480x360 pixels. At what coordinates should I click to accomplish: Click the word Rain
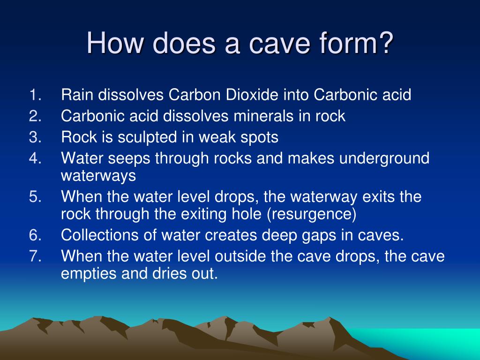pos(77,95)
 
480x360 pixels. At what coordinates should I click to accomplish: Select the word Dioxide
pos(252,95)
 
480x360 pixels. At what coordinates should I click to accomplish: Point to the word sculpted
pos(143,137)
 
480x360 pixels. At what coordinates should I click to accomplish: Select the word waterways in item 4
pos(98,176)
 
